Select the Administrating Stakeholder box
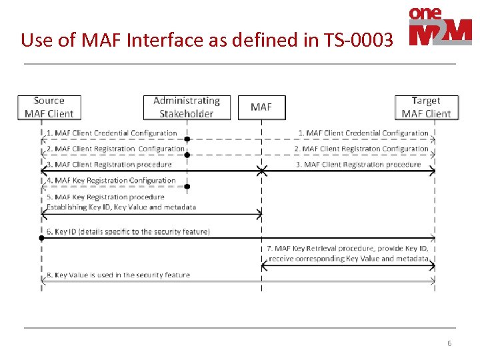(x=187, y=107)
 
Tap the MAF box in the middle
(x=261, y=107)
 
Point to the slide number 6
(x=449, y=343)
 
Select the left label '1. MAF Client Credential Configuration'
(x=112, y=133)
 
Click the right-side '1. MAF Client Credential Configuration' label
(x=363, y=133)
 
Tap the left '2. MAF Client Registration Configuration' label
(x=115, y=149)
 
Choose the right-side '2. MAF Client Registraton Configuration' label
(x=361, y=149)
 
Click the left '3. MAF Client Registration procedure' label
(x=109, y=164)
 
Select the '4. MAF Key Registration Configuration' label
(x=111, y=180)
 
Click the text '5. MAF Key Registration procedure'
(x=105, y=197)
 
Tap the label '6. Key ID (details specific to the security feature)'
(x=128, y=231)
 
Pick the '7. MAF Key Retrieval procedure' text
(x=347, y=249)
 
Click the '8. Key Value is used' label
(x=118, y=275)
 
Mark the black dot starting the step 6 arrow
(x=42, y=237)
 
